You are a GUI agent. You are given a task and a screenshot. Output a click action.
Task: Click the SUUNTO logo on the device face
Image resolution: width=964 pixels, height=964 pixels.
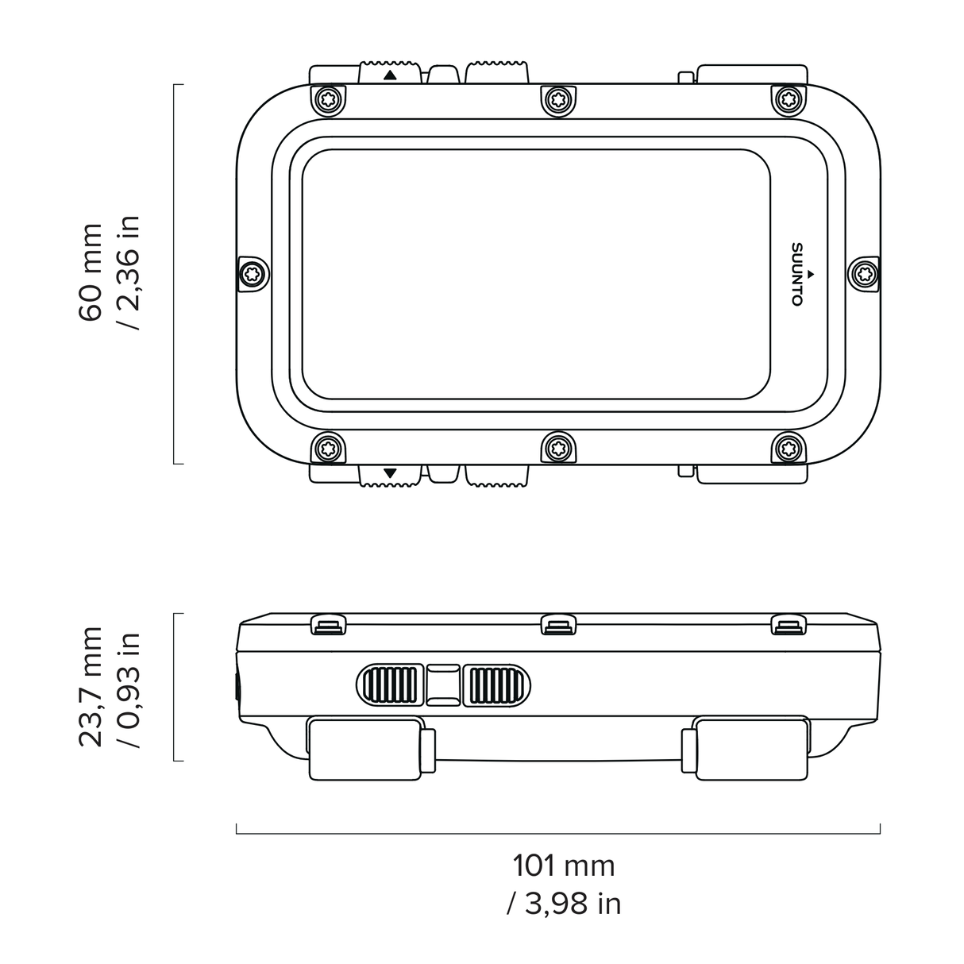click(x=797, y=274)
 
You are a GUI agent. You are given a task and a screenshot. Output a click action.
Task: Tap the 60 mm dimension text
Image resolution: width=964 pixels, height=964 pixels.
click(x=91, y=272)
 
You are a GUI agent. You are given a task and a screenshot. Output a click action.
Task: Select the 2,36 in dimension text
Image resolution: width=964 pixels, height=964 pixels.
click(x=128, y=272)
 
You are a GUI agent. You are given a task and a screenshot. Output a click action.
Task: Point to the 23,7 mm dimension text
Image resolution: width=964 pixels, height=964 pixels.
click(x=91, y=687)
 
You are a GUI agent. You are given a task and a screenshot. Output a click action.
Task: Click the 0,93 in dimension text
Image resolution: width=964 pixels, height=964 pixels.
click(x=128, y=690)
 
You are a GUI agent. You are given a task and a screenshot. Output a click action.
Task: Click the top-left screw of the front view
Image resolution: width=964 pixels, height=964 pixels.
click(x=328, y=99)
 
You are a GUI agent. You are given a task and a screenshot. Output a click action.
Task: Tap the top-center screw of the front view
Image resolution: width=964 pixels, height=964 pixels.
click(x=558, y=99)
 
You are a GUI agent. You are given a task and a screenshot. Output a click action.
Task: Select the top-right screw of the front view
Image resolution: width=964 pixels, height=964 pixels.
click(x=789, y=99)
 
